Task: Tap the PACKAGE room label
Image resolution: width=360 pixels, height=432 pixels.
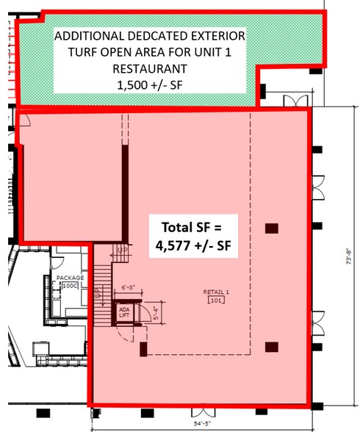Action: click(69, 278)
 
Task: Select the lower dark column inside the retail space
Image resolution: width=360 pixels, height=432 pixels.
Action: click(272, 347)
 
